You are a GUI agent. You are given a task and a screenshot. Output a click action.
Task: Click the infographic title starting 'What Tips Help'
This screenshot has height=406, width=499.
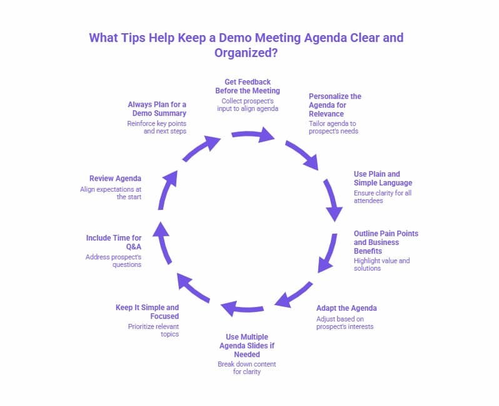(246, 44)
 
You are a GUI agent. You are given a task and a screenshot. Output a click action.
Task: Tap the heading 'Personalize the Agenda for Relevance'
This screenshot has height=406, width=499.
(335, 105)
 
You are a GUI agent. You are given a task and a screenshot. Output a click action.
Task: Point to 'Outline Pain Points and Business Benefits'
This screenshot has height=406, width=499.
(386, 242)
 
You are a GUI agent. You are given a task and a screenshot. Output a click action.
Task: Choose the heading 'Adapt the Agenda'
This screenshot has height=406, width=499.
(346, 308)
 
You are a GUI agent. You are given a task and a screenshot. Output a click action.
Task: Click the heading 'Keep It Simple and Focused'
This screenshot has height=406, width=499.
(147, 311)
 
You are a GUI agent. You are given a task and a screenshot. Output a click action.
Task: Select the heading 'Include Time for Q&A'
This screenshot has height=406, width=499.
(114, 242)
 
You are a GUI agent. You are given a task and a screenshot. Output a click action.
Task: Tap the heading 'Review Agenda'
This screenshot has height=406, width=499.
(115, 178)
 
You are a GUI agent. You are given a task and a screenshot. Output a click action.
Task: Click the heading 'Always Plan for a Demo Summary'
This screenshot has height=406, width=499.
(157, 108)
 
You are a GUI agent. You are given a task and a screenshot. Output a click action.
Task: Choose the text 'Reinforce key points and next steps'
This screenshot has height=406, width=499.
(156, 127)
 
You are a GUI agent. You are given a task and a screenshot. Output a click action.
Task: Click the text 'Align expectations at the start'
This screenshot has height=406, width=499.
(111, 192)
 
